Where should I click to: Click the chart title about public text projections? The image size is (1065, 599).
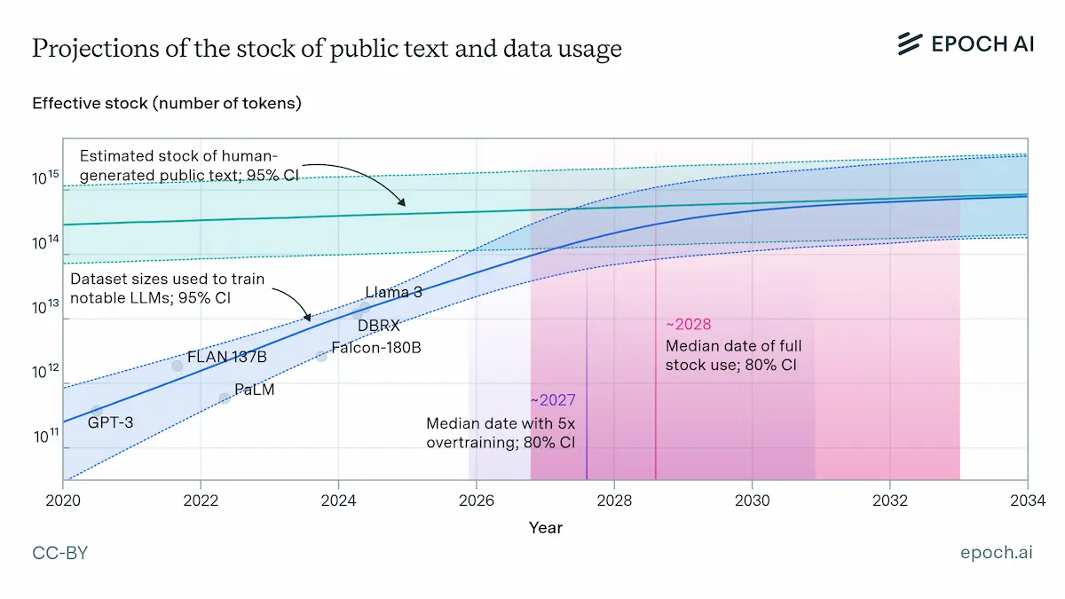click(x=327, y=49)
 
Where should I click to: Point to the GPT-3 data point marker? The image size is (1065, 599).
click(x=97, y=412)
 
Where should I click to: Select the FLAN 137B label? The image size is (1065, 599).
click(x=226, y=357)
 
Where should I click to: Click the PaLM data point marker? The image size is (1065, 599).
click(x=225, y=398)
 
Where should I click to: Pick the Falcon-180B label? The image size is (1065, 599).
click(x=375, y=347)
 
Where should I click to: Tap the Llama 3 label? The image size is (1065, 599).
click(x=393, y=292)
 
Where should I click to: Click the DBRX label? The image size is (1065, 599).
click(x=379, y=326)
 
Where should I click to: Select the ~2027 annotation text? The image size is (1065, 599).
click(x=553, y=400)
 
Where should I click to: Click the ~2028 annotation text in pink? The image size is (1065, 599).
click(x=688, y=324)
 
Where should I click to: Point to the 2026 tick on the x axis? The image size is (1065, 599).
click(x=477, y=498)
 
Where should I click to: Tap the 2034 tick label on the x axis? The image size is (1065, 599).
click(x=1028, y=498)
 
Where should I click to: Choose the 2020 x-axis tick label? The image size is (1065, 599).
click(x=64, y=498)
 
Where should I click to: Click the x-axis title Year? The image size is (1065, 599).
click(x=545, y=527)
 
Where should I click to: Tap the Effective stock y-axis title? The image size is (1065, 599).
click(x=167, y=103)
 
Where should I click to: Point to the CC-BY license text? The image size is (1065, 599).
click(x=60, y=553)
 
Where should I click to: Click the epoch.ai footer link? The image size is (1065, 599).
click(x=996, y=553)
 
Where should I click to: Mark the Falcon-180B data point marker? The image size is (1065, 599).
click(x=321, y=356)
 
